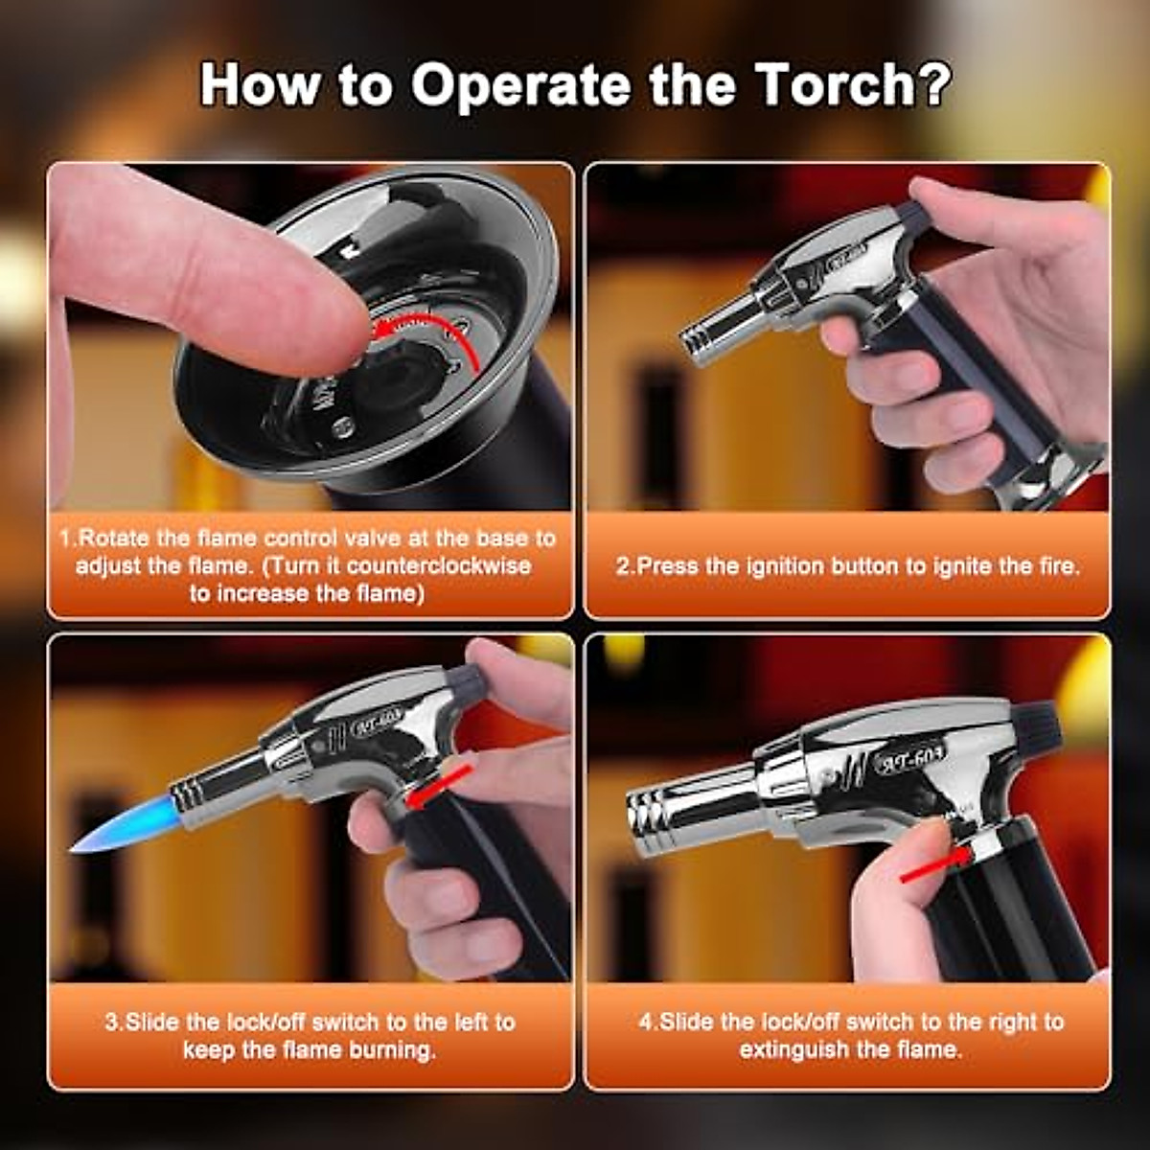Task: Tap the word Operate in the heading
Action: pos(520,86)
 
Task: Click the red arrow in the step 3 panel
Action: pos(438,784)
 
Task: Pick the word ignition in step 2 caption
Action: pos(777,565)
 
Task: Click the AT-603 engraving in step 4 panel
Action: pos(909,757)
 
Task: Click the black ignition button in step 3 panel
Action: pos(467,681)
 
